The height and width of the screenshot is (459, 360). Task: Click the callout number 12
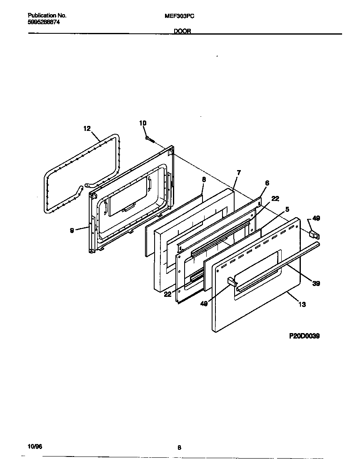(x=87, y=129)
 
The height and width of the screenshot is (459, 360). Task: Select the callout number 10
(x=143, y=123)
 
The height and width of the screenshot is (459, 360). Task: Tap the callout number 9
(x=72, y=230)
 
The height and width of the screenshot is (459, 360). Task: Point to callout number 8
(x=204, y=179)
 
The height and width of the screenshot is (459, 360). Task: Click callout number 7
(x=238, y=172)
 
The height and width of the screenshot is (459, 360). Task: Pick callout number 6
(x=267, y=183)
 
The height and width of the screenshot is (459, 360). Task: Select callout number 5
(x=287, y=209)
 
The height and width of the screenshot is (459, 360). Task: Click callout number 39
(x=316, y=283)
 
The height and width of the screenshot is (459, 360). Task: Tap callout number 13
(x=302, y=304)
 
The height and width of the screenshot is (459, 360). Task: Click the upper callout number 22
(x=275, y=199)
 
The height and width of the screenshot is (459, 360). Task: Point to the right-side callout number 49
(x=316, y=218)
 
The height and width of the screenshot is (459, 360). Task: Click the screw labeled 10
(x=150, y=139)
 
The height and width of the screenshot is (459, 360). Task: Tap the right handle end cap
(x=312, y=235)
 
